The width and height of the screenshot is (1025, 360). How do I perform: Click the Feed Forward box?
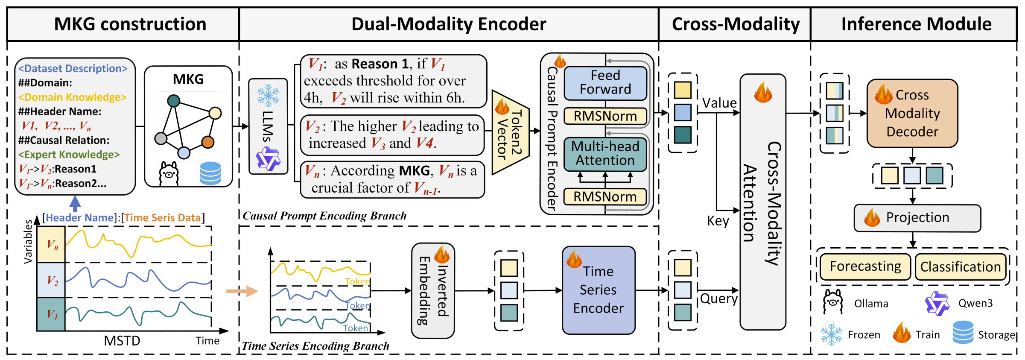coord(605,83)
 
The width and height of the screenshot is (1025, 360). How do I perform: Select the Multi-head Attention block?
coord(605,154)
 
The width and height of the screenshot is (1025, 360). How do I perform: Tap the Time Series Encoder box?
coord(599,290)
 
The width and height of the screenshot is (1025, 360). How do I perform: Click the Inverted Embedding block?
coord(432,290)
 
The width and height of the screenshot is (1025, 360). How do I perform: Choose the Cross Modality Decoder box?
coord(912,113)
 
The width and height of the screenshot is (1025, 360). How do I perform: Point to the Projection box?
coord(917,218)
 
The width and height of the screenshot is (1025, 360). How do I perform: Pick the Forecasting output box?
coord(865,266)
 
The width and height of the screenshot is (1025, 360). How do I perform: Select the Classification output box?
coord(960,267)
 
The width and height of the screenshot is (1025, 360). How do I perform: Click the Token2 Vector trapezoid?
coord(510,132)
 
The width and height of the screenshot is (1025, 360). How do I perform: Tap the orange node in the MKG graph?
coord(208,142)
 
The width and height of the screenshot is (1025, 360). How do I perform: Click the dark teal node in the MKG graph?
coord(174,101)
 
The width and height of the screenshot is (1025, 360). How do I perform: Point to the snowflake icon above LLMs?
coord(268,95)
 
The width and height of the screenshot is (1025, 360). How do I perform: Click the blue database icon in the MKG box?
coord(210,173)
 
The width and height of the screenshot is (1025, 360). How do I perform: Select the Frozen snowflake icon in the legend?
coord(831,334)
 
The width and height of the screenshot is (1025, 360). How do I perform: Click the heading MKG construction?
coord(130,24)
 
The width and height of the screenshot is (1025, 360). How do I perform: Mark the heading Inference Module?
coord(916,24)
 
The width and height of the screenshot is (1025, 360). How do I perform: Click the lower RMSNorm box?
coord(605,197)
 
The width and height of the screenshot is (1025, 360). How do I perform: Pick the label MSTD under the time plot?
coord(122,341)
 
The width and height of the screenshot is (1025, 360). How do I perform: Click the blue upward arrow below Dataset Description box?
coord(75,204)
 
